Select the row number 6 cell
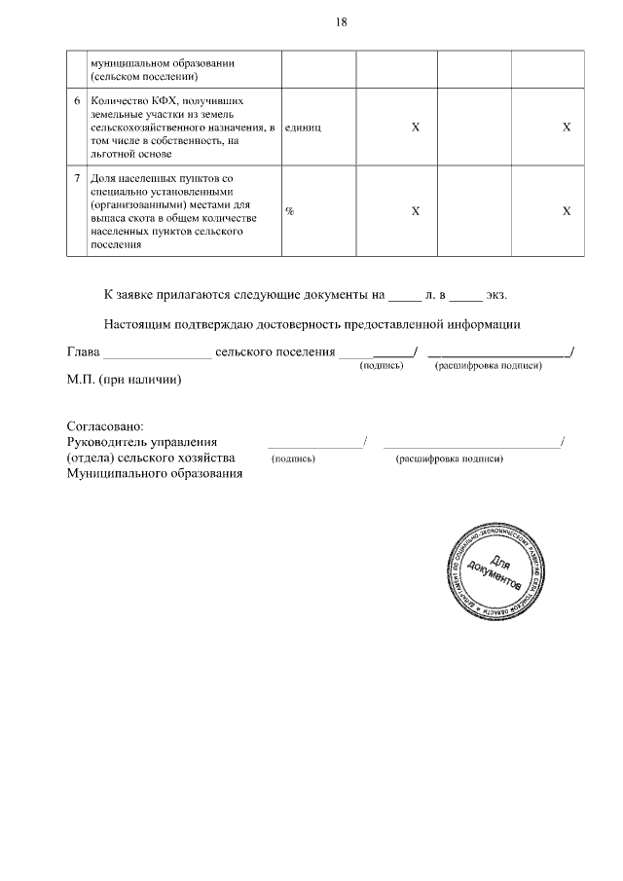click(x=77, y=100)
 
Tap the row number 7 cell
click(x=77, y=179)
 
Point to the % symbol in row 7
click(x=289, y=211)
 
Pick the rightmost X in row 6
click(x=566, y=128)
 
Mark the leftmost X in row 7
click(x=416, y=211)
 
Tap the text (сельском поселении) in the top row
click(x=144, y=76)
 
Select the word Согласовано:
click(x=105, y=426)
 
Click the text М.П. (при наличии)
click(x=124, y=380)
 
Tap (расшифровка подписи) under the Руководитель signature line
click(x=449, y=459)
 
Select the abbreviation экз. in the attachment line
click(x=496, y=293)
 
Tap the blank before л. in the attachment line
click(x=403, y=295)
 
